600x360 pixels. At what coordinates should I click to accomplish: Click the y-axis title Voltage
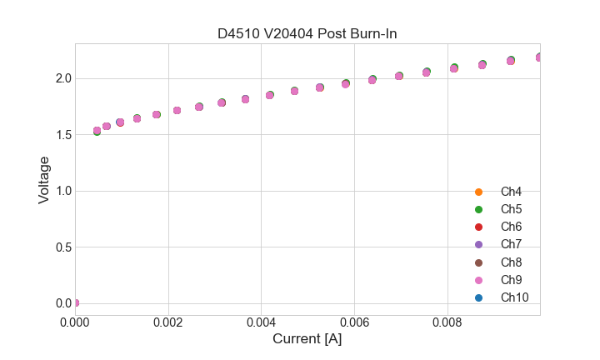(x=44, y=179)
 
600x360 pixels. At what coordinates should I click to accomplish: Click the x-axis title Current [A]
(x=307, y=339)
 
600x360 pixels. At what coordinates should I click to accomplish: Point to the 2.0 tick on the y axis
(x=64, y=78)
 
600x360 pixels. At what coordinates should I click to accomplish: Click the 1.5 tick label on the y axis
(x=64, y=135)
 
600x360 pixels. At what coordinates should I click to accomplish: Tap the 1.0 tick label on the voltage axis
(x=64, y=191)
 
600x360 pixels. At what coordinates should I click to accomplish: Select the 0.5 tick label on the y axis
(x=64, y=247)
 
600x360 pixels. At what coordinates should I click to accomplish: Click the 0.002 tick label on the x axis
(x=168, y=321)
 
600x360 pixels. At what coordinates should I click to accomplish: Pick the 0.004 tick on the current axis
(x=262, y=321)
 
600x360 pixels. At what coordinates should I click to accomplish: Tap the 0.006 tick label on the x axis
(x=354, y=321)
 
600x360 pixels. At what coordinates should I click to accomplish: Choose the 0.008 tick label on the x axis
(x=447, y=321)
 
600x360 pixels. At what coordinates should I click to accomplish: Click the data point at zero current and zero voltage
(x=76, y=302)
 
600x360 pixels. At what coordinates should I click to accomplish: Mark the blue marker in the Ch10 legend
(x=478, y=297)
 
